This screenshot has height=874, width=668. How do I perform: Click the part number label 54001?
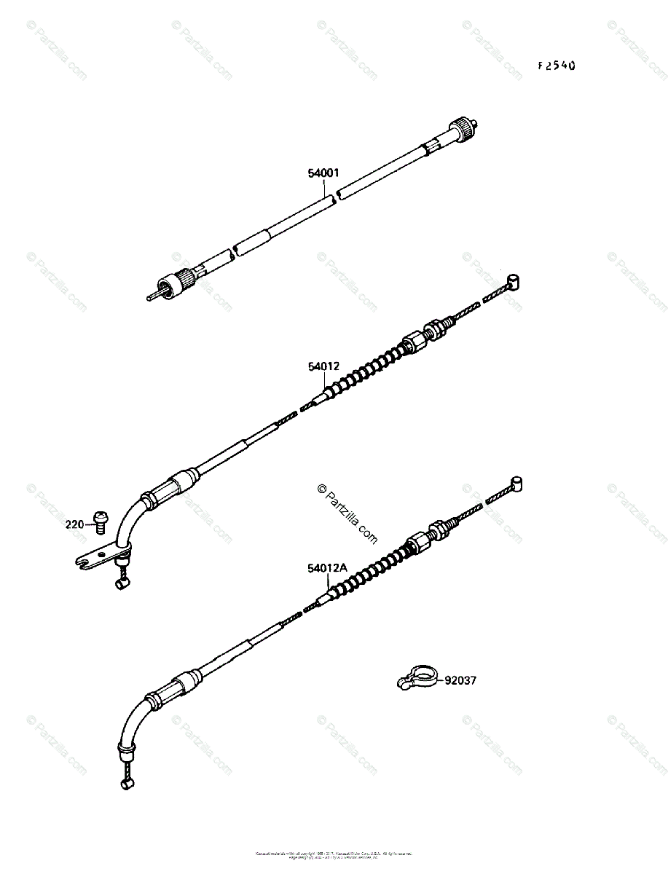pos(323,173)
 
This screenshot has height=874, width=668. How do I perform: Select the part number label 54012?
pos(323,367)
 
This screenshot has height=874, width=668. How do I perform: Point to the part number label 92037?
pos(460,681)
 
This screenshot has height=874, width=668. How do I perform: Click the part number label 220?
pos(74,523)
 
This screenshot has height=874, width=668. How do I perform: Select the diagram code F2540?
pos(557,66)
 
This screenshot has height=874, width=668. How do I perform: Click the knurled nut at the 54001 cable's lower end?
pos(176,281)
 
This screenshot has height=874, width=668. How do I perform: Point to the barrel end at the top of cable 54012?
pos(514,281)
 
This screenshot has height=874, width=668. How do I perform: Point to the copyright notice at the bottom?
pos(334,854)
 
